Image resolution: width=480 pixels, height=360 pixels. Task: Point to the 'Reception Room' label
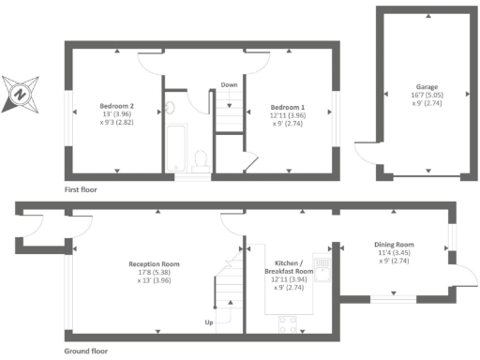pos(154,264)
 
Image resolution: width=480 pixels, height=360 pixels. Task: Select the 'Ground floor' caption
pos(85,352)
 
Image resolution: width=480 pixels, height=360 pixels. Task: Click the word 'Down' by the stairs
pos(229,84)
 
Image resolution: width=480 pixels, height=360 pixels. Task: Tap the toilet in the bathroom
pos(200,163)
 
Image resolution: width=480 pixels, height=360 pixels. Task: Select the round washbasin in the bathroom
pos(170,108)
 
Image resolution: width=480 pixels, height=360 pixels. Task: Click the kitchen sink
pos(322,268)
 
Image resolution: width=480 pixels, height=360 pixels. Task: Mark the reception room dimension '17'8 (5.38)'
pos(154,273)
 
